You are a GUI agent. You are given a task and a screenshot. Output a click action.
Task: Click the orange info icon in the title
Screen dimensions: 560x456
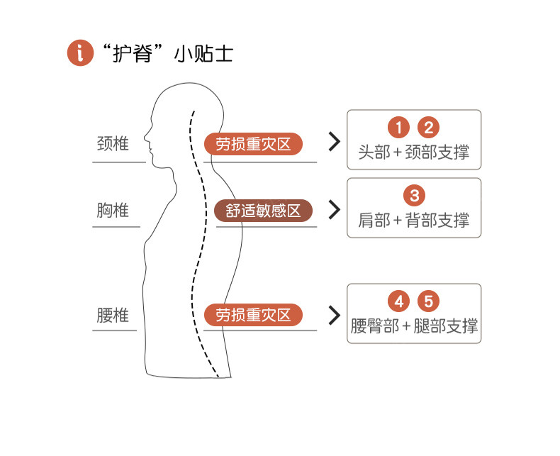pyautogui.click(x=80, y=53)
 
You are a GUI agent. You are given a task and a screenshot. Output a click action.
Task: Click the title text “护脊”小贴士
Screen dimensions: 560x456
pyautogui.click(x=167, y=54)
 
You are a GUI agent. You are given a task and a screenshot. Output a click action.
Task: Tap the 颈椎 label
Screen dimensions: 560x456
pyautogui.click(x=113, y=143)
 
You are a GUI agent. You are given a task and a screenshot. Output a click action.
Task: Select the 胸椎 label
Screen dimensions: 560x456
pyautogui.click(x=113, y=210)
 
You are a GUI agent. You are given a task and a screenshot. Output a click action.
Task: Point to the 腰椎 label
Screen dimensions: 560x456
pyautogui.click(x=113, y=315)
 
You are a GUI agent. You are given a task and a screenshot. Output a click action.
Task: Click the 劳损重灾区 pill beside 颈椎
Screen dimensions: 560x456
pyautogui.click(x=253, y=144)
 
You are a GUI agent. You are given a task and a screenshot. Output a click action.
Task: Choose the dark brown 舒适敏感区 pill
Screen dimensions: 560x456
pyautogui.click(x=263, y=211)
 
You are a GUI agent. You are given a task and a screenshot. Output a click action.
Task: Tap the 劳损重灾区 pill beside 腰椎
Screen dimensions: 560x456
pyautogui.click(x=253, y=315)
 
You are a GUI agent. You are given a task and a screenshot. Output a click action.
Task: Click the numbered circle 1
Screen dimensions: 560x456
pyautogui.click(x=399, y=128)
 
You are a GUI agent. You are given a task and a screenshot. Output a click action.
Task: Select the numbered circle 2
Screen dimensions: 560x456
pyautogui.click(x=428, y=128)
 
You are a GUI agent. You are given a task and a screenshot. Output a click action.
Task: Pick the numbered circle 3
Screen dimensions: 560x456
pyautogui.click(x=414, y=194)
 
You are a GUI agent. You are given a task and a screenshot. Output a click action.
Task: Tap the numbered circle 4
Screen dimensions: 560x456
pyautogui.click(x=399, y=301)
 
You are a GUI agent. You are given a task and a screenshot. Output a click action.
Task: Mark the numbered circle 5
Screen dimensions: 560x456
pyautogui.click(x=428, y=301)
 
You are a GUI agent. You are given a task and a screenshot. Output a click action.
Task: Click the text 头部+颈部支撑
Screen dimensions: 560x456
pyautogui.click(x=414, y=152)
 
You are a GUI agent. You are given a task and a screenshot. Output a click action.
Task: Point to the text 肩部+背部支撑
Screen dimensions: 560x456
pyautogui.click(x=414, y=220)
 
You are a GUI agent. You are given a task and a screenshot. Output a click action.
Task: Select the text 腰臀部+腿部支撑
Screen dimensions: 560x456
pyautogui.click(x=414, y=326)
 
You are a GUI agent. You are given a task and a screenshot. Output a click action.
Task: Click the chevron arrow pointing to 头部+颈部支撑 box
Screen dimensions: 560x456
pyautogui.click(x=335, y=142)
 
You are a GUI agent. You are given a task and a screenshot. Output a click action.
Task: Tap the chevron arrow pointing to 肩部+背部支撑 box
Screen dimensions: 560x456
pyautogui.click(x=335, y=210)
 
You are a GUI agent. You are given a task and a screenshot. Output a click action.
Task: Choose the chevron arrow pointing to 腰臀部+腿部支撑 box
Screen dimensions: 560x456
pyautogui.click(x=335, y=315)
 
